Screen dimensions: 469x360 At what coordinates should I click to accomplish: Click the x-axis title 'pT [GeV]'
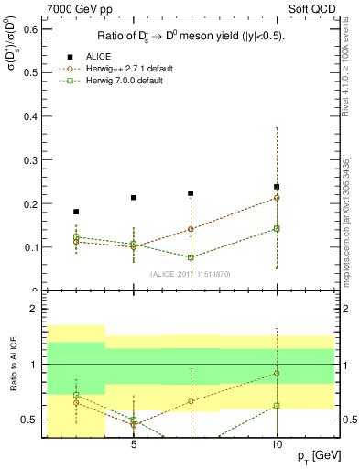[314, 455]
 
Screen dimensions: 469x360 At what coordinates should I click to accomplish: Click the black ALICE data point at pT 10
[277, 187]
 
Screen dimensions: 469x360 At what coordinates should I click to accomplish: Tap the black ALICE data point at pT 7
[191, 193]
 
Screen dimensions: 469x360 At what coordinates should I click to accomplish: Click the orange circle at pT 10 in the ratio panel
[277, 373]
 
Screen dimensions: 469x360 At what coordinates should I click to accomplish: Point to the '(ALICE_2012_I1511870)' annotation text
[190, 274]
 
